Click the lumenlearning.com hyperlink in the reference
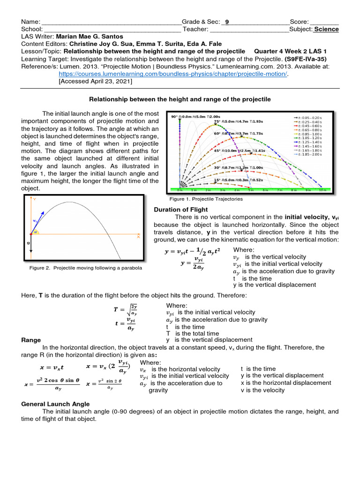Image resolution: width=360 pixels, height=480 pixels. [x=173, y=74]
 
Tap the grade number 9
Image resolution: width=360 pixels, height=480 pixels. [x=227, y=22]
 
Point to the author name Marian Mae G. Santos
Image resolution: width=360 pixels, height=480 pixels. [x=93, y=37]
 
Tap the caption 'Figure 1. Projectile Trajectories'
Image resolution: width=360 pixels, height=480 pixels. [x=209, y=199]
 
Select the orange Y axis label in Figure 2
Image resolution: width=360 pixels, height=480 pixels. [x=35, y=200]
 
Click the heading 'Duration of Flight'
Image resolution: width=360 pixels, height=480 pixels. [x=180, y=210]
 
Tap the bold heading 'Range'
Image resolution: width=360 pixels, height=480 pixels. [x=31, y=340]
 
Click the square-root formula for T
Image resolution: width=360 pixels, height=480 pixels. [x=125, y=310]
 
